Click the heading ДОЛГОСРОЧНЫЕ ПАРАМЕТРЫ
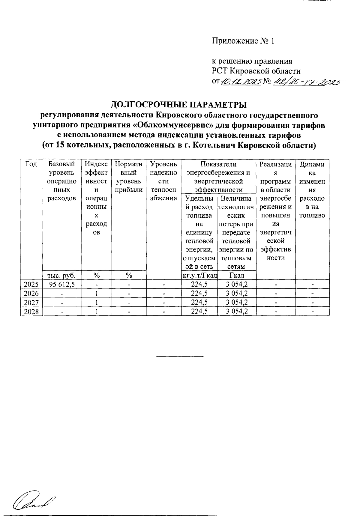[179, 105]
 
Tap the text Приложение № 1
[243, 41]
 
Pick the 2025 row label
[31, 284]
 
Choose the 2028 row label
[31, 312]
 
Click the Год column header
[31, 164]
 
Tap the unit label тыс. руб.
[62, 275]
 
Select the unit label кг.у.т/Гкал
[199, 275]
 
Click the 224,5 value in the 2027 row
[199, 303]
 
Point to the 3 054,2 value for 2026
[237, 293]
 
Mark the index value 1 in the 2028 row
[97, 312]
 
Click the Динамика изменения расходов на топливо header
[312, 190]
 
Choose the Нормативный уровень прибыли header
[129, 177]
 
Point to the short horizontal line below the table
[179, 356]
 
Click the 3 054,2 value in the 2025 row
[237, 284]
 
